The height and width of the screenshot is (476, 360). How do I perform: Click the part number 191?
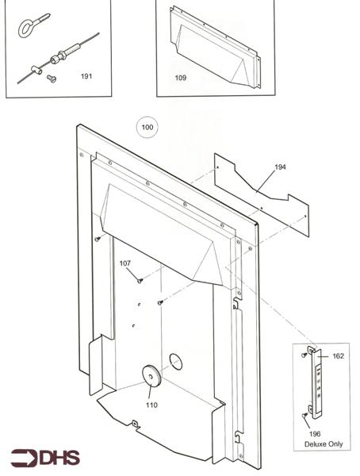tap(87, 75)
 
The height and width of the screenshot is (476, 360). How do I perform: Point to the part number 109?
tap(181, 78)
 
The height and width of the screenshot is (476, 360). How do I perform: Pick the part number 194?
tap(280, 167)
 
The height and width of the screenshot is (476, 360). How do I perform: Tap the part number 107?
tap(125, 263)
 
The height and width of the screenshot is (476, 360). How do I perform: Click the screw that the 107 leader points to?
tap(140, 279)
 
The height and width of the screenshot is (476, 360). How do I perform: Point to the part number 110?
tap(151, 405)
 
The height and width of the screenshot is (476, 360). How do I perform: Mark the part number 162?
tap(339, 357)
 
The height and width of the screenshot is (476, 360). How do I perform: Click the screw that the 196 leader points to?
tap(305, 414)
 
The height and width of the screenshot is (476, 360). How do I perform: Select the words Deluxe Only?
tap(324, 444)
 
